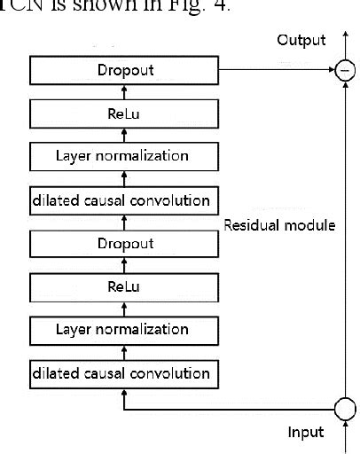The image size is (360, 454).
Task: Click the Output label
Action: [x=301, y=40]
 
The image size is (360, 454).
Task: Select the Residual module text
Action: [x=279, y=225]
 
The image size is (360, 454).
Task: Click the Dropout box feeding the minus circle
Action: [x=123, y=70]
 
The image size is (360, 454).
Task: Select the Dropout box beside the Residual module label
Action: [x=123, y=243]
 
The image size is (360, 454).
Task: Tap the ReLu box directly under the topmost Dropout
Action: [x=123, y=113]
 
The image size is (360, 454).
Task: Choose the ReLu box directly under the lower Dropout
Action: [x=123, y=286]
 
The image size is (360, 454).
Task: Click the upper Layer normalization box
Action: [x=123, y=156]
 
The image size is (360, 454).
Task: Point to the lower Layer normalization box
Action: [x=123, y=330]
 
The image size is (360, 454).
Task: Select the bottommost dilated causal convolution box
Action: [x=123, y=372]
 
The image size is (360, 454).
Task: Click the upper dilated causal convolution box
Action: [x=123, y=200]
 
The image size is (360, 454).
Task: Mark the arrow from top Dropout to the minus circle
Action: [x=275, y=70]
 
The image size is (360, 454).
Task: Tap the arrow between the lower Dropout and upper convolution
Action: [x=123, y=222]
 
